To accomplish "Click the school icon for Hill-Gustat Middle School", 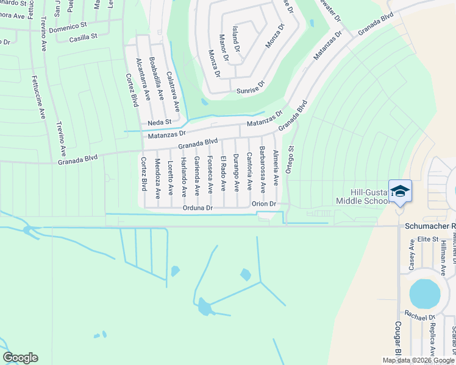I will point(400,192).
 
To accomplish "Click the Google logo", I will point(20,358).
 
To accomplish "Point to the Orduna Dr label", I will point(196,208).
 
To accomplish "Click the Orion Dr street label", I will point(264,204).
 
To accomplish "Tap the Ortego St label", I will point(291,160).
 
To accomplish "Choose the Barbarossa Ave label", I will point(262,166).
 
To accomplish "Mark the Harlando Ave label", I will point(183,178).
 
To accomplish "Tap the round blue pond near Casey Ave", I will point(424,293).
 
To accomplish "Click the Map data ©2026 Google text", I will point(418,360).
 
